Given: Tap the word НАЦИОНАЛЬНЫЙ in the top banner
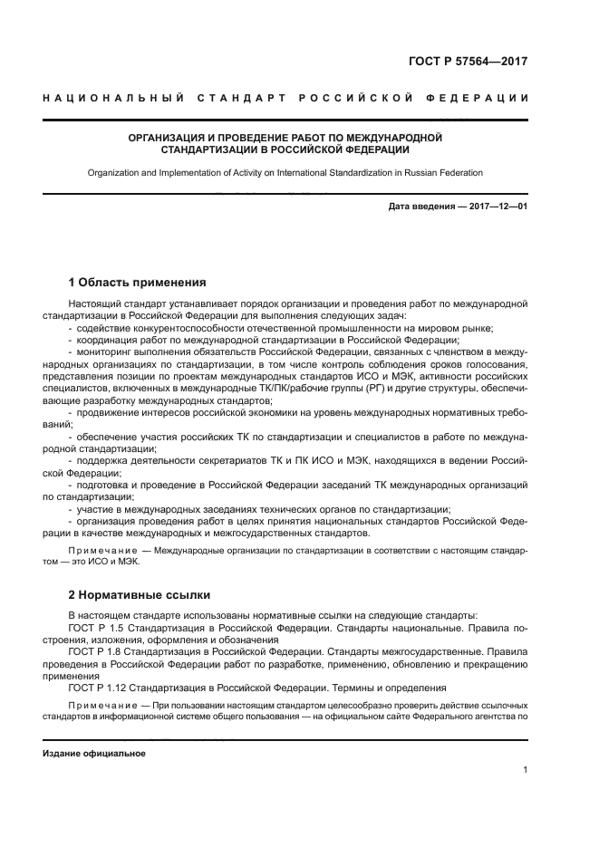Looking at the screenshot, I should (x=113, y=97).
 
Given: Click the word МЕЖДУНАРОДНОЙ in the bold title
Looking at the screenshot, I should (x=400, y=138).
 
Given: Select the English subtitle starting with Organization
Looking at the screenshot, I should (x=285, y=172).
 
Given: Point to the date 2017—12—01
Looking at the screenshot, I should (x=498, y=207).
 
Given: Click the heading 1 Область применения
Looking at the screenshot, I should (x=137, y=282).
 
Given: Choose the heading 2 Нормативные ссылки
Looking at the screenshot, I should (x=140, y=595).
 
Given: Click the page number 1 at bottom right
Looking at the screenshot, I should (x=525, y=770).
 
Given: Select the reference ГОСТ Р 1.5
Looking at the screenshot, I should (x=96, y=627).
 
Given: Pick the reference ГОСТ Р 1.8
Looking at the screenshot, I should (x=96, y=651).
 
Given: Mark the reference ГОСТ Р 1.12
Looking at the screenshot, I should (x=99, y=688).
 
